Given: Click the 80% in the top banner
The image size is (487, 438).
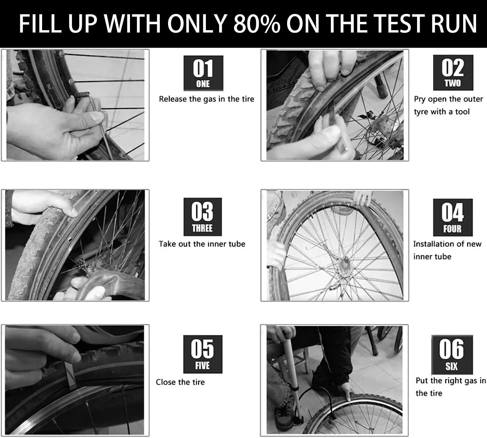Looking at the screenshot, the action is (257, 24).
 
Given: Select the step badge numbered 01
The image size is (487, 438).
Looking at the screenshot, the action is (203, 73).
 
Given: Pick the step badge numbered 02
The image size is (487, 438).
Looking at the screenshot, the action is (453, 73).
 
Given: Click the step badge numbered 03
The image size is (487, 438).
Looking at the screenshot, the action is (203, 217).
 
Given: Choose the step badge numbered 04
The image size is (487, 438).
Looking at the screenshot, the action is (453, 217).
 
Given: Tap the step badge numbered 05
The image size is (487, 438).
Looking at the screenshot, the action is (203, 354).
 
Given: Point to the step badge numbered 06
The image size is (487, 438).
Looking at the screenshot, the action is (452, 354).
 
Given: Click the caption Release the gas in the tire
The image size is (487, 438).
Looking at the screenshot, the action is (207, 99).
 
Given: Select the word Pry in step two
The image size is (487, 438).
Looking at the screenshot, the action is (420, 100).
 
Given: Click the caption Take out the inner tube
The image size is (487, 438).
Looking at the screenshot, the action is (202, 244).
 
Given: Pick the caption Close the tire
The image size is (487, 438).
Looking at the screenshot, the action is (180, 382).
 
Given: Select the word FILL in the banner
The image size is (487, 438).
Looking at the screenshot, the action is (40, 24).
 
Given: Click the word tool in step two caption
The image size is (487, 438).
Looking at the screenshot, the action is (462, 112).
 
